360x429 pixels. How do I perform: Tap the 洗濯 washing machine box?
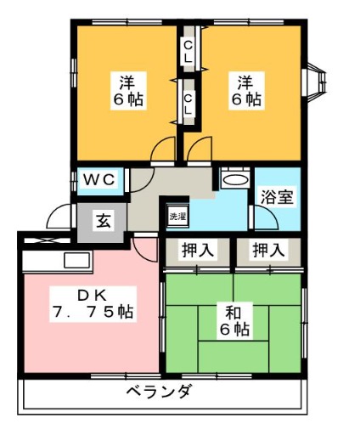(177, 216)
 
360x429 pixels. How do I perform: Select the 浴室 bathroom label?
(277, 197)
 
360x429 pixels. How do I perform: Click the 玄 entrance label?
(102, 222)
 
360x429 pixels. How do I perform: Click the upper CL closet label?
(188, 51)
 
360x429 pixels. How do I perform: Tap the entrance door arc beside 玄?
(61, 217)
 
